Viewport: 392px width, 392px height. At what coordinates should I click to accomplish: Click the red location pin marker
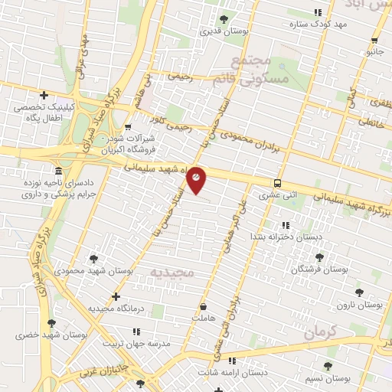point(196,179)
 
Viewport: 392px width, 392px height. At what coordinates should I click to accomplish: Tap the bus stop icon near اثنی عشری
point(277,183)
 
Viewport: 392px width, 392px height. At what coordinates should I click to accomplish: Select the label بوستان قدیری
point(221,32)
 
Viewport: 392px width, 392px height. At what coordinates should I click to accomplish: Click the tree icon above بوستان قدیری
point(224,19)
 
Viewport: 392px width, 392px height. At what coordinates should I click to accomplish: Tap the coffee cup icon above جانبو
point(374,40)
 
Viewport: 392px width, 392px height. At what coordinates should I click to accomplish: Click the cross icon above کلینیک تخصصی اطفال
point(44,96)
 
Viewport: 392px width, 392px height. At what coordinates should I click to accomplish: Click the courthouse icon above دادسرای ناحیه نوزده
point(59,170)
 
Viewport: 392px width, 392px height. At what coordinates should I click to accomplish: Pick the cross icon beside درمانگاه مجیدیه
point(116,296)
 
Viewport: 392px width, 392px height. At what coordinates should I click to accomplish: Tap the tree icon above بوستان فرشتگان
point(319,257)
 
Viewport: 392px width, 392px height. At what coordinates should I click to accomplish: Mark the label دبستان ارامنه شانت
point(231,372)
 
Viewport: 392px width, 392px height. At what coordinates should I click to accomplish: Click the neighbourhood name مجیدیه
point(172,273)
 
